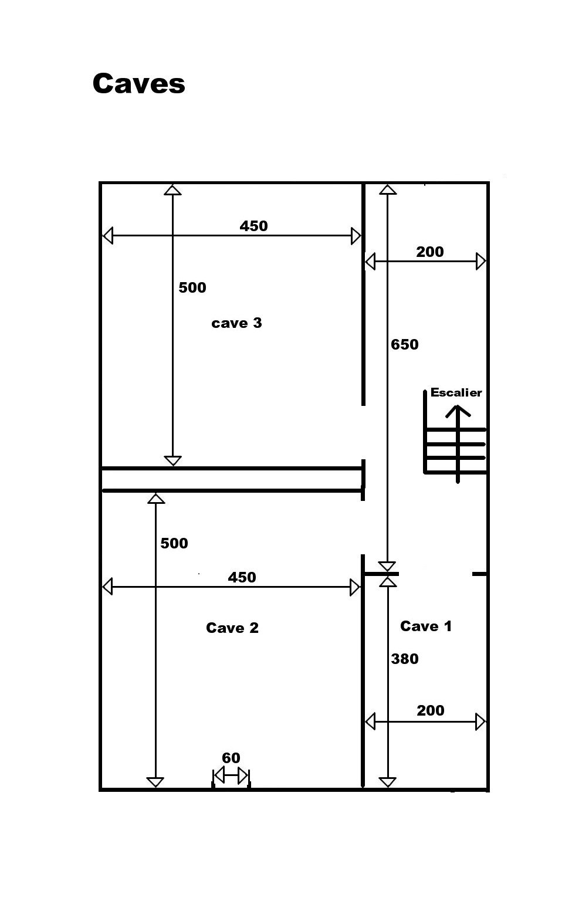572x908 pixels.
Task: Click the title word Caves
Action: pos(138,83)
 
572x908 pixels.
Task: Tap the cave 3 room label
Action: pos(237,323)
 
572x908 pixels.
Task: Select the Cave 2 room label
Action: pos(232,628)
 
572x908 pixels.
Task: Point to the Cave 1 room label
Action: pos(426,626)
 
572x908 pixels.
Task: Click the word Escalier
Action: pos(456,392)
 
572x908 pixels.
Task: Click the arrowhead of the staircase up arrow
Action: pos(458,411)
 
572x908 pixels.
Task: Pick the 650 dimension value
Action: pos(405,344)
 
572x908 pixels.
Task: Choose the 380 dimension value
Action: pos(405,659)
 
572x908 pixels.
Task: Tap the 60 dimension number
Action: pos(231,758)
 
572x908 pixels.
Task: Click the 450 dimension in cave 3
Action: pos(254,226)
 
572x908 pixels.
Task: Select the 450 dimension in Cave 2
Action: pos(242,577)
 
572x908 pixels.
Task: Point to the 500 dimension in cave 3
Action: pos(192,287)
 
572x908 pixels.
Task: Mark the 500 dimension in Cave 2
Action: pos(174,543)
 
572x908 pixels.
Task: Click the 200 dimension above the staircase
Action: pos(430,252)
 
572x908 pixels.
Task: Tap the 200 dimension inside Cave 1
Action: pos(431,710)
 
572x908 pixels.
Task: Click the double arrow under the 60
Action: pos(231,775)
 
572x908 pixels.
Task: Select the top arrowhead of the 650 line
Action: pos(388,189)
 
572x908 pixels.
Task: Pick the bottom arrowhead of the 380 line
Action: pos(388,782)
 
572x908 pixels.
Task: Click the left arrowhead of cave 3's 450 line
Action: pos(107,236)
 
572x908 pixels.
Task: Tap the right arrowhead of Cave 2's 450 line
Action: pos(355,587)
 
